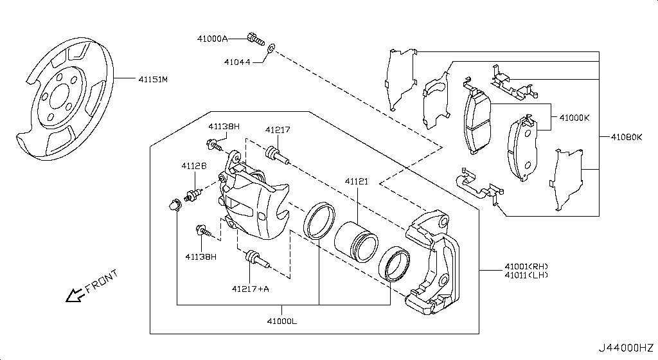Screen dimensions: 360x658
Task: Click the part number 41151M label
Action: pos(152,80)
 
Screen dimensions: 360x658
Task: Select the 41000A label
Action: pos(212,39)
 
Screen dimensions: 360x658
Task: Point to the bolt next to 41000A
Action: pos(256,39)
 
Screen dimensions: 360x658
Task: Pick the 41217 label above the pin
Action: pos(278,130)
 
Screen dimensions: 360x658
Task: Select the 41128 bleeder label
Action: pos(193,166)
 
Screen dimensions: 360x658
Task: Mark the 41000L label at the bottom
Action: pos(283,319)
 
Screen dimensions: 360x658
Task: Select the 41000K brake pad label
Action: pos(574,118)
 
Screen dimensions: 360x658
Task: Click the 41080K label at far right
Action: pos(626,137)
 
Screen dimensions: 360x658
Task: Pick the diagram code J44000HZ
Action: pos(627,348)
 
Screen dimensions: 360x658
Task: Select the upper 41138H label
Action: pos(223,127)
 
